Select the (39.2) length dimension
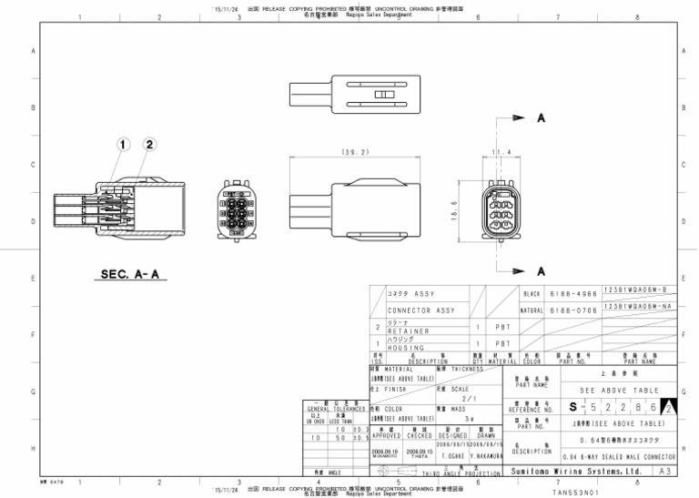353,152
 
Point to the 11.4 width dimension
501,151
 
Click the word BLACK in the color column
532,294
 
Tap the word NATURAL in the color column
531,310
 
